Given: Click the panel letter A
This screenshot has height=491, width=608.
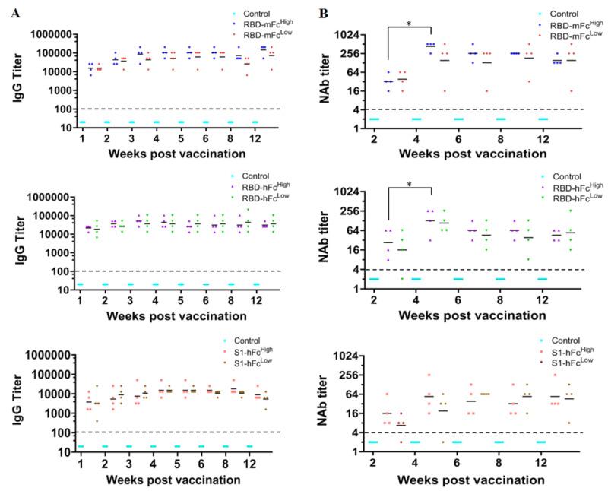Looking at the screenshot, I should [x=11, y=14].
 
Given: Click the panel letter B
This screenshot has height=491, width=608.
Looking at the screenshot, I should [x=323, y=14].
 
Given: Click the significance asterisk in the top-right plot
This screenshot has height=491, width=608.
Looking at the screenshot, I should [x=409, y=24].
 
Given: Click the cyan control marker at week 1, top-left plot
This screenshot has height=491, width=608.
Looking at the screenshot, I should [x=81, y=122].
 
